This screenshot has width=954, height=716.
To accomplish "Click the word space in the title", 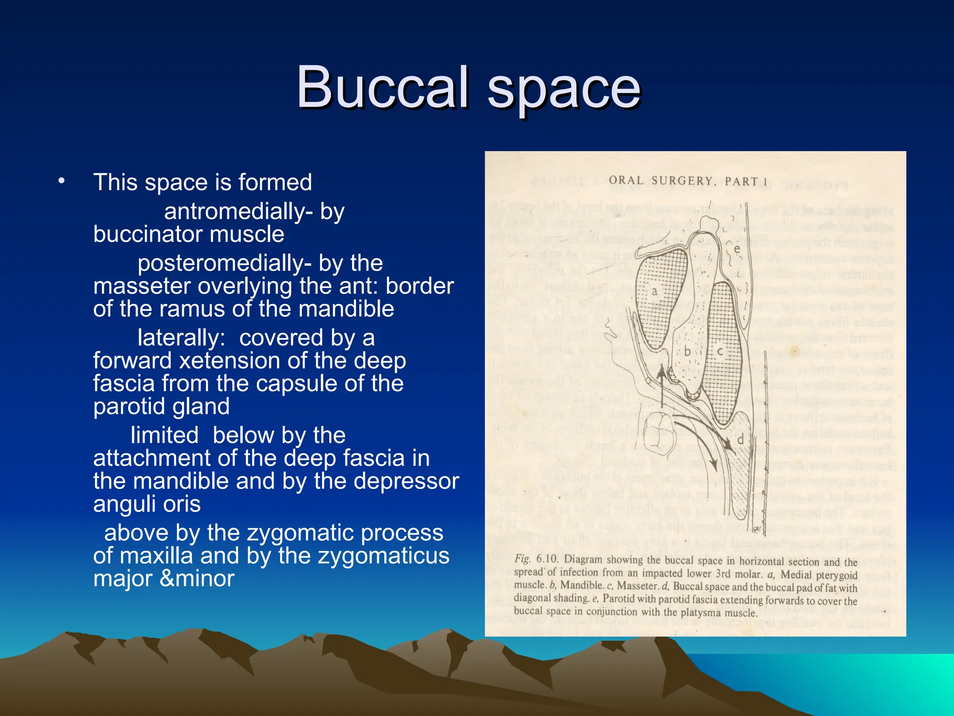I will (x=564, y=89).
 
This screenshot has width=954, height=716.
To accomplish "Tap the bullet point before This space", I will (x=61, y=181).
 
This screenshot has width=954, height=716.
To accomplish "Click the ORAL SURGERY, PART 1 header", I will (x=688, y=181).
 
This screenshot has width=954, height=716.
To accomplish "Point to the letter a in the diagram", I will (x=654, y=292).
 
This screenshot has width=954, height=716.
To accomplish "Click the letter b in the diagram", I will (x=687, y=351).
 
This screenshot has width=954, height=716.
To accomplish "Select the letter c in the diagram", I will (x=720, y=351).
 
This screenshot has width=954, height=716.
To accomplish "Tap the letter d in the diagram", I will (x=740, y=439).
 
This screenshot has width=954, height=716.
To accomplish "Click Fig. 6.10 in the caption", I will (x=536, y=559).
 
